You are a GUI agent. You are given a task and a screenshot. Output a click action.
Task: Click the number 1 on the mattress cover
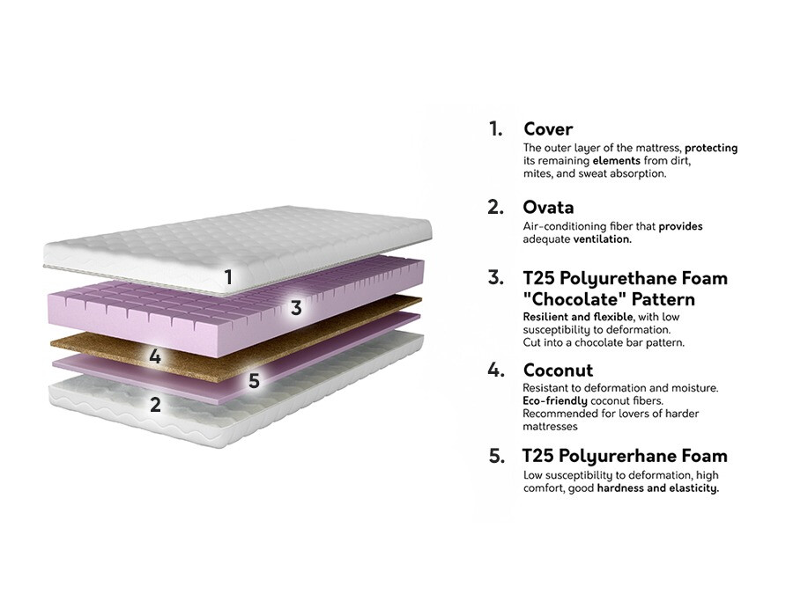228,277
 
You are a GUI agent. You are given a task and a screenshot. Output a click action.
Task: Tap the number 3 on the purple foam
296,308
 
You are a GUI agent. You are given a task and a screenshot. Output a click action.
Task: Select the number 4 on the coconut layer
155,356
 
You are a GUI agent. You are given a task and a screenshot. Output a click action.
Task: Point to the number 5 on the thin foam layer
254,380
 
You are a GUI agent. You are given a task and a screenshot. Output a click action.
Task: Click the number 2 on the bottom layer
155,404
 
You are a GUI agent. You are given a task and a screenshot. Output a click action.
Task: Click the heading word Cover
548,128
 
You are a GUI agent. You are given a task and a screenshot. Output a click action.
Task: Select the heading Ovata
548,207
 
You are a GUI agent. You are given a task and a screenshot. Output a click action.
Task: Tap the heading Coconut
558,370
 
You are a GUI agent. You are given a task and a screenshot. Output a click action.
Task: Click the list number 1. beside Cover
495,128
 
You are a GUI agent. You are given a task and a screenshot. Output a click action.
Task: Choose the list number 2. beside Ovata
495,207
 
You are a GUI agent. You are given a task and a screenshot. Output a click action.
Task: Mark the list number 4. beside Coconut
496,370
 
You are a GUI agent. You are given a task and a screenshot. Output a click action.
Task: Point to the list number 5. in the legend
497,456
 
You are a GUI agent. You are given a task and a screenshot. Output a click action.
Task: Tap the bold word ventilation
603,238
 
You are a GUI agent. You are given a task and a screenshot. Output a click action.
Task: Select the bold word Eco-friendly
555,401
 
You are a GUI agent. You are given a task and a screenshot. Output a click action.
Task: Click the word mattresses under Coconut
550,426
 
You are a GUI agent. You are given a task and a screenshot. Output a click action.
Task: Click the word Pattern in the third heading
663,299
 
